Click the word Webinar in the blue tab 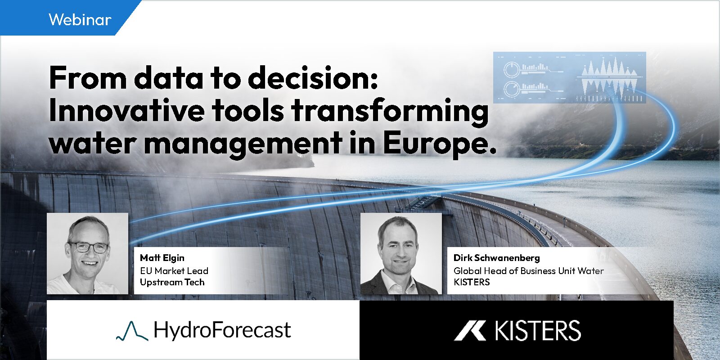pyautogui.click(x=80, y=20)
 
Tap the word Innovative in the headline pyautogui.click(x=126, y=110)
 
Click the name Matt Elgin pyautogui.click(x=162, y=258)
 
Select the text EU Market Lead pyautogui.click(x=174, y=270)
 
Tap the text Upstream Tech pyautogui.click(x=172, y=282)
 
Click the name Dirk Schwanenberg pyautogui.click(x=497, y=258)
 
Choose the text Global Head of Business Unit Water pyautogui.click(x=528, y=270)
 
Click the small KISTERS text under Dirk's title pyautogui.click(x=472, y=282)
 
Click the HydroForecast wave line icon pyautogui.click(x=132, y=331)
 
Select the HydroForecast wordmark pyautogui.click(x=222, y=330)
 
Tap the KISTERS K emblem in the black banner pyautogui.click(x=470, y=330)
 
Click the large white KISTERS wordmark pyautogui.click(x=538, y=330)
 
